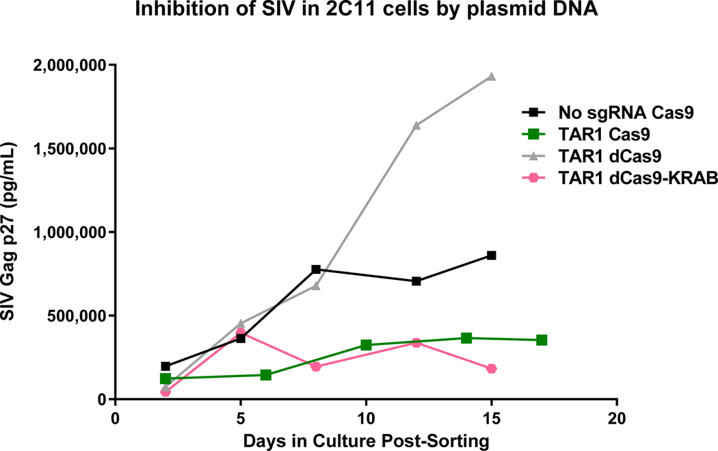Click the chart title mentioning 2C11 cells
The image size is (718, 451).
pyautogui.click(x=358, y=12)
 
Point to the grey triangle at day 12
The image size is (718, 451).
pyautogui.click(x=416, y=125)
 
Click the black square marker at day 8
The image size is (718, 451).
pyautogui.click(x=316, y=270)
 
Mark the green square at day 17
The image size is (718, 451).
pyautogui.click(x=542, y=340)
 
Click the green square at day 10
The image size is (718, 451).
pyautogui.click(x=366, y=345)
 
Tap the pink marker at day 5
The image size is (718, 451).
pyautogui.click(x=241, y=333)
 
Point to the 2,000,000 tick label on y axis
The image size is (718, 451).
pyautogui.click(x=70, y=65)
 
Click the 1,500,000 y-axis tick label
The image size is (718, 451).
pyautogui.click(x=70, y=149)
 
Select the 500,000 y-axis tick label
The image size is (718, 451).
pyautogui.click(x=78, y=315)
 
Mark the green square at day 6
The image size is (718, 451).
pyautogui.click(x=266, y=375)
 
